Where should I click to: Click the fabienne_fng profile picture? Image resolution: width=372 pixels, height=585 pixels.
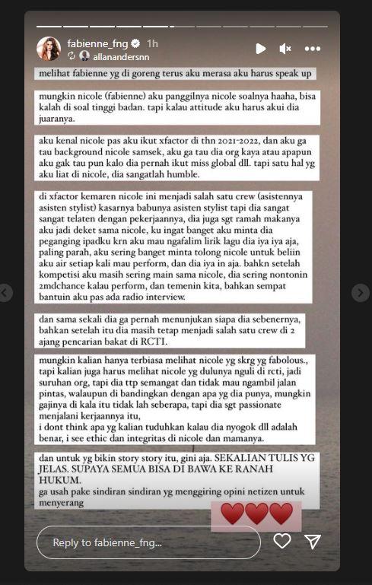[49, 49]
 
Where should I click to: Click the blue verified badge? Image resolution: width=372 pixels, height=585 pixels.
[135, 43]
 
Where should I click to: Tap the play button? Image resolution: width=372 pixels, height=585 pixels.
[260, 49]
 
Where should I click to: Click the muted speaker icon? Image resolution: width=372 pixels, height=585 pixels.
[285, 49]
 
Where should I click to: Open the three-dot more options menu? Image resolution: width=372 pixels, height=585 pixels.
[312, 49]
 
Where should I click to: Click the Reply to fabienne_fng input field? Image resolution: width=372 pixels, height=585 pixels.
[148, 542]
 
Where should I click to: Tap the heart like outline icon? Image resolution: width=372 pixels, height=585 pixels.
[282, 541]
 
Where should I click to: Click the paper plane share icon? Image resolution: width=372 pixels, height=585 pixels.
[313, 541]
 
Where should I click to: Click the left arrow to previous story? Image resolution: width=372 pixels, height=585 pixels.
[5, 293]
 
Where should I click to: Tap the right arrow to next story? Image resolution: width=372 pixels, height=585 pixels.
[361, 293]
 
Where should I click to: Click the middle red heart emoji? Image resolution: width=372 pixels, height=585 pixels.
[256, 514]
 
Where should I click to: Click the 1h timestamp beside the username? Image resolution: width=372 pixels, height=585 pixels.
[152, 43]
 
